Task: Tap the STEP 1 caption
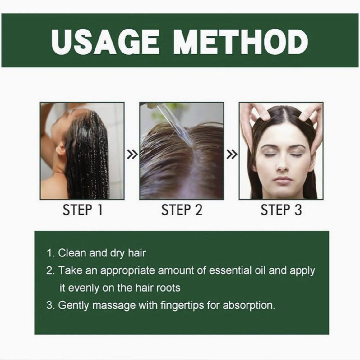pos(82,210)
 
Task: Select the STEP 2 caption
pos(182,210)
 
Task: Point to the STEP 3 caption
pos(281,210)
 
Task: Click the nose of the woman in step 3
pos(282,165)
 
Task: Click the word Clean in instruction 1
pos(72,253)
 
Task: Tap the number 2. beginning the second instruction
pos(51,270)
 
